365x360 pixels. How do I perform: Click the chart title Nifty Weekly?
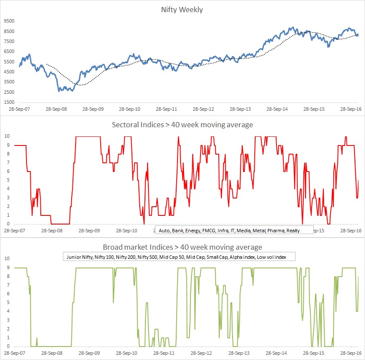tap(182, 10)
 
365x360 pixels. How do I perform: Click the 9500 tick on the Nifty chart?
tap(9, 21)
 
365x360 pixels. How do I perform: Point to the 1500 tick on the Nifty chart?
tap(9, 102)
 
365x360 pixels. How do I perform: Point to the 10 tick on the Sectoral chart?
tap(6, 136)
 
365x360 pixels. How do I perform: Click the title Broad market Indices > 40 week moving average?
tap(182, 248)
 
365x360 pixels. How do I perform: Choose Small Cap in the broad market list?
tap(216, 257)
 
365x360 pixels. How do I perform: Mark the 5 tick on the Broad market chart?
tap(7, 302)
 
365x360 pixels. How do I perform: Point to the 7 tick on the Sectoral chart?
tap(7, 162)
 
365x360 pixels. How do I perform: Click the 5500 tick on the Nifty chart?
tap(9, 61)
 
